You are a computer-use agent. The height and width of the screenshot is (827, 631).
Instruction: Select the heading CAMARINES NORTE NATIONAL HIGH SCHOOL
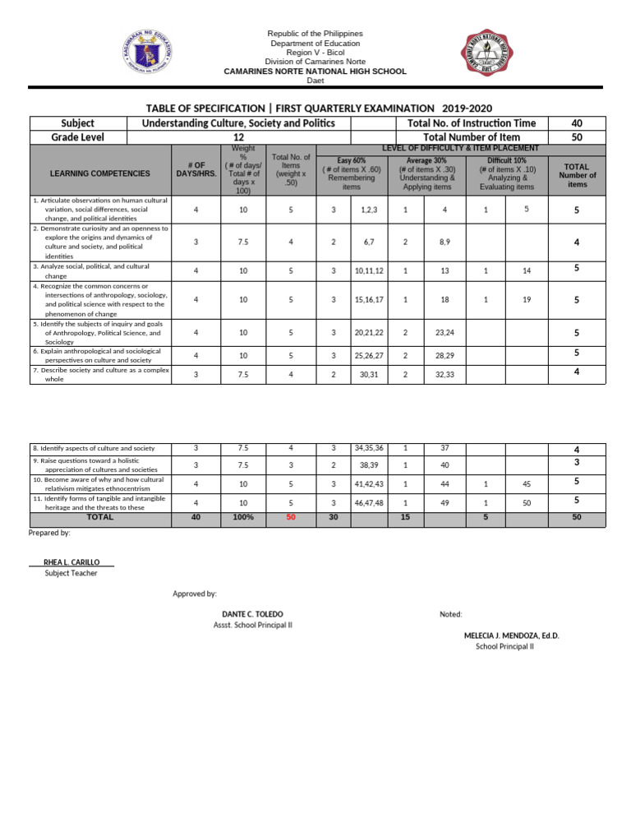pyautogui.click(x=315, y=72)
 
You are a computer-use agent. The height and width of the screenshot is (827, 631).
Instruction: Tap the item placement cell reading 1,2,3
pyautogui.click(x=369, y=210)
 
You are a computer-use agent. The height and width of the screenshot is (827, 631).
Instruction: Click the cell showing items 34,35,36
pyautogui.click(x=369, y=448)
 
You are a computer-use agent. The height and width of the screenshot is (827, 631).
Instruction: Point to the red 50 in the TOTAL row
pyautogui.click(x=290, y=518)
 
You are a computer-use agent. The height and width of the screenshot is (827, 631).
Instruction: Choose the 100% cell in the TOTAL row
pyautogui.click(x=242, y=518)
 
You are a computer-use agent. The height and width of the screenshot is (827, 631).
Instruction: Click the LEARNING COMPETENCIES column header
pyautogui.click(x=100, y=174)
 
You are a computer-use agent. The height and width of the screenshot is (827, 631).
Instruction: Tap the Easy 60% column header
pyautogui.click(x=351, y=173)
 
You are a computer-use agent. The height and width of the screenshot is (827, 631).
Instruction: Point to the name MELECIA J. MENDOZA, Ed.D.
pyautogui.click(x=511, y=635)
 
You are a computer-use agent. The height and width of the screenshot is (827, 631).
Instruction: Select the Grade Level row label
pyautogui.click(x=78, y=137)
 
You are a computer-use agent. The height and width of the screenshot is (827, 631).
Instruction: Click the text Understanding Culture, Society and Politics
pyautogui.click(x=238, y=123)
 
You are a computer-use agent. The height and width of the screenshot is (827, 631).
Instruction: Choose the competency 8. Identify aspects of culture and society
pyautogui.click(x=94, y=448)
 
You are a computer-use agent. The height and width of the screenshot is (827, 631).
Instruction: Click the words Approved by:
pyautogui.click(x=195, y=594)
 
